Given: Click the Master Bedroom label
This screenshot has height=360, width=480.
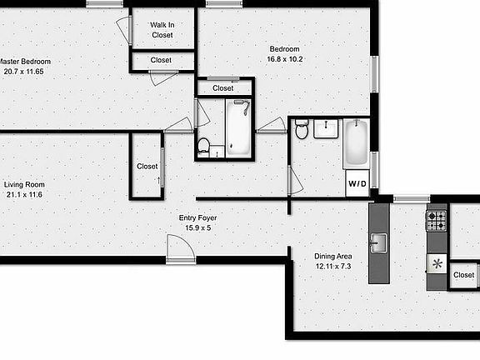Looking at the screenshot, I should (x=25, y=62).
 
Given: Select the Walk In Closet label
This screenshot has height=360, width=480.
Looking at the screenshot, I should (x=162, y=30).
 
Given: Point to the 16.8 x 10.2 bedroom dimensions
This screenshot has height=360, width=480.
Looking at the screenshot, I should (x=285, y=58).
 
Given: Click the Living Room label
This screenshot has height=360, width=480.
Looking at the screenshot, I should (x=24, y=184).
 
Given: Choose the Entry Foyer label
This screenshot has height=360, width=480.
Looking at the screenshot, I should (x=198, y=218).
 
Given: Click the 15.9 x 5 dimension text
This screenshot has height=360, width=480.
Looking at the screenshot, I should (x=198, y=227).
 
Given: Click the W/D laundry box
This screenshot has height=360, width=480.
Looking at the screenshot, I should (x=357, y=182).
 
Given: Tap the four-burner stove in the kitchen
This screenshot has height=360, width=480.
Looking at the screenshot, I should (x=437, y=220).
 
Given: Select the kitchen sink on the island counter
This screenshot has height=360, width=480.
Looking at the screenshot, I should (x=379, y=242).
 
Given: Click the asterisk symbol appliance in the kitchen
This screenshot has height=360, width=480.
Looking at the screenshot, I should (x=437, y=264).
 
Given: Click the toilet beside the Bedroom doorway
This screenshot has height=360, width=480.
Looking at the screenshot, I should (x=302, y=128).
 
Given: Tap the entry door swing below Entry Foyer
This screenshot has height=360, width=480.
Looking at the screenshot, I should (x=179, y=247).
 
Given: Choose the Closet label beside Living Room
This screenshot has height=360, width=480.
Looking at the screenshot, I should (x=147, y=167).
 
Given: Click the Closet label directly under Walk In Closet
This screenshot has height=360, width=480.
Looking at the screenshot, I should (x=162, y=60).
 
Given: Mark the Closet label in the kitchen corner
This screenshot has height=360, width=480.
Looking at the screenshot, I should (x=464, y=275).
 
